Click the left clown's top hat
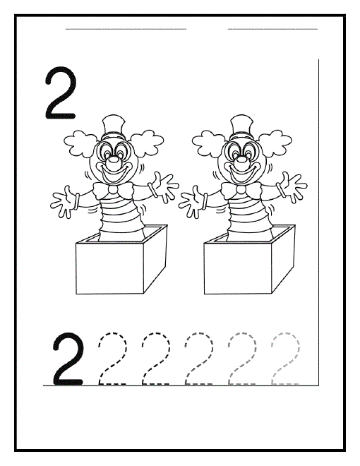tap(113, 128)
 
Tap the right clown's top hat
tap(241, 128)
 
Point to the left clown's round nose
tap(113, 160)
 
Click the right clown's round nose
tap(241, 160)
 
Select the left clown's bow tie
tap(113, 190)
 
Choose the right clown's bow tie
tap(241, 190)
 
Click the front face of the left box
tap(110, 268)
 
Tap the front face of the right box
tap(238, 268)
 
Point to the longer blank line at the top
tap(126, 29)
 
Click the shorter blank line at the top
tap(272, 29)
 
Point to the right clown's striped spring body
tap(248, 216)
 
